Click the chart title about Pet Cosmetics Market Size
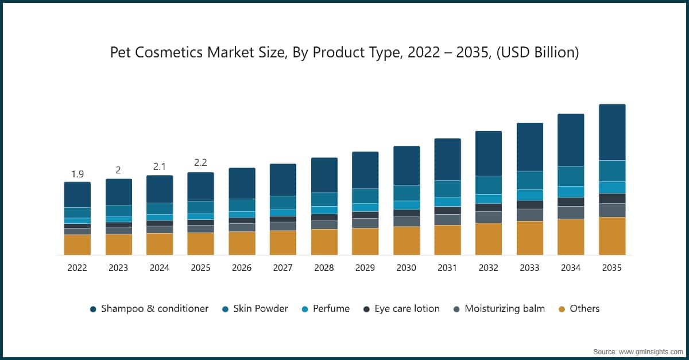[344, 53]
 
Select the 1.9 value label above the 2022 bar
[77, 174]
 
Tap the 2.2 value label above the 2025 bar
[200, 162]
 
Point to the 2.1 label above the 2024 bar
[159, 167]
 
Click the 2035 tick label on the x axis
[611, 268]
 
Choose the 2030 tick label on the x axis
[406, 268]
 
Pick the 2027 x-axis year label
[282, 268]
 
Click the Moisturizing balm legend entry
[499, 309]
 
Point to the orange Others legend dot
[561, 309]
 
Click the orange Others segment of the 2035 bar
[611, 236]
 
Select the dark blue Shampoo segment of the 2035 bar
[611, 132]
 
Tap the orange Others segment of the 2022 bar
[77, 245]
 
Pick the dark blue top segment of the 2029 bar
[365, 170]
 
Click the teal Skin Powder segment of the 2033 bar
[529, 180]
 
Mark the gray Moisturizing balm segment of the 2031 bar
[447, 219]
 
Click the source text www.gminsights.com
[638, 351]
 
